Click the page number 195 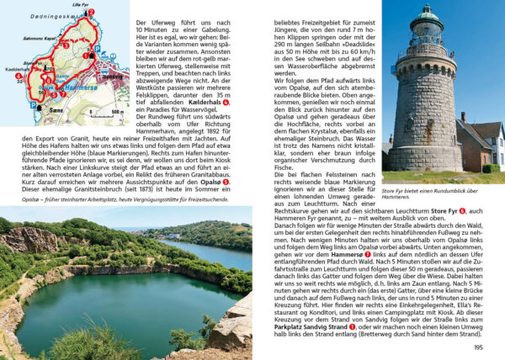click(478, 347)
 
